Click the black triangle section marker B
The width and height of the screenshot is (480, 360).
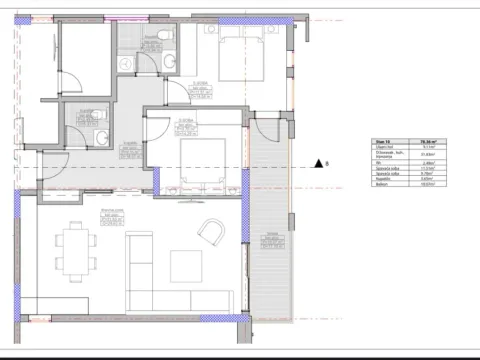(x=316, y=163)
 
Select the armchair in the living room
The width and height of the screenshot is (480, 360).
(x=211, y=234)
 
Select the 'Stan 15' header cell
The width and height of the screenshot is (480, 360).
(x=381, y=143)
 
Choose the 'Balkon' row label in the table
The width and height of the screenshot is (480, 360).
(x=381, y=185)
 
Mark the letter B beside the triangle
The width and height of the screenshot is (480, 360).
(x=328, y=163)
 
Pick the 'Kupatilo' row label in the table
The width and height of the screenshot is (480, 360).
(x=381, y=179)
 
